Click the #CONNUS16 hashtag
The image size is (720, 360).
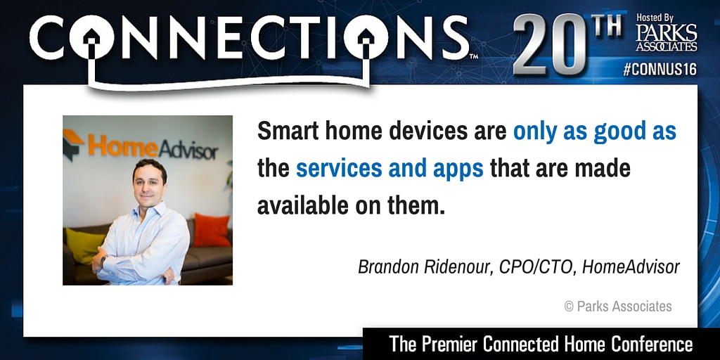[x=660, y=70]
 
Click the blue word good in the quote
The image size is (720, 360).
[x=620, y=131]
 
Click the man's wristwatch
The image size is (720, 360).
[x=104, y=260]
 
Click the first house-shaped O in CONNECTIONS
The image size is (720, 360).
[x=92, y=37]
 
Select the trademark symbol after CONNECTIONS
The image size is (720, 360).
[x=473, y=56]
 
